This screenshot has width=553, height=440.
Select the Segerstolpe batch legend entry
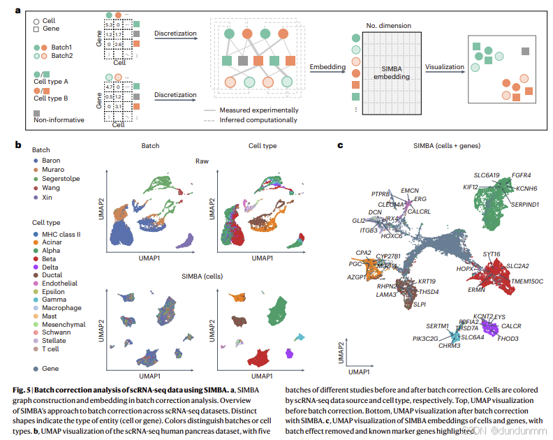[x=56, y=179]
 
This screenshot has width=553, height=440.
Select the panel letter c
[x=340, y=145]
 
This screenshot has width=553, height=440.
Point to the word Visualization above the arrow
[x=444, y=66]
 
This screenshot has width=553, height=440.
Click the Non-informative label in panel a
[x=59, y=119]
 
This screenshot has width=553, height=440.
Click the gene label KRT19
[x=427, y=281]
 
